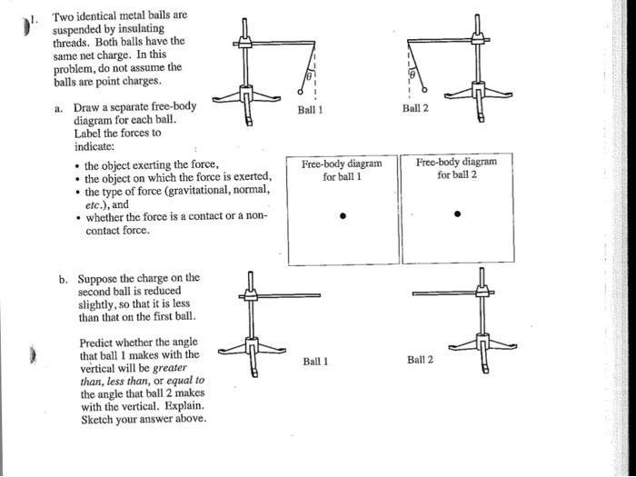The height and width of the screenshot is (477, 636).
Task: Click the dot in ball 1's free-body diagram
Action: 341,216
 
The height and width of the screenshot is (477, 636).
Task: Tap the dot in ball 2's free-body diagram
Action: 458,215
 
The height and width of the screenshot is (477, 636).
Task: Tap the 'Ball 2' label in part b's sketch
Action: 420,361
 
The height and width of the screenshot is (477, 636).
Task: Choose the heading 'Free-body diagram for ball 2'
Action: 457,168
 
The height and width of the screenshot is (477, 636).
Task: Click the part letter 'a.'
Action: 58,106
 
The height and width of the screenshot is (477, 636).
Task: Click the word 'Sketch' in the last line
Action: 98,420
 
